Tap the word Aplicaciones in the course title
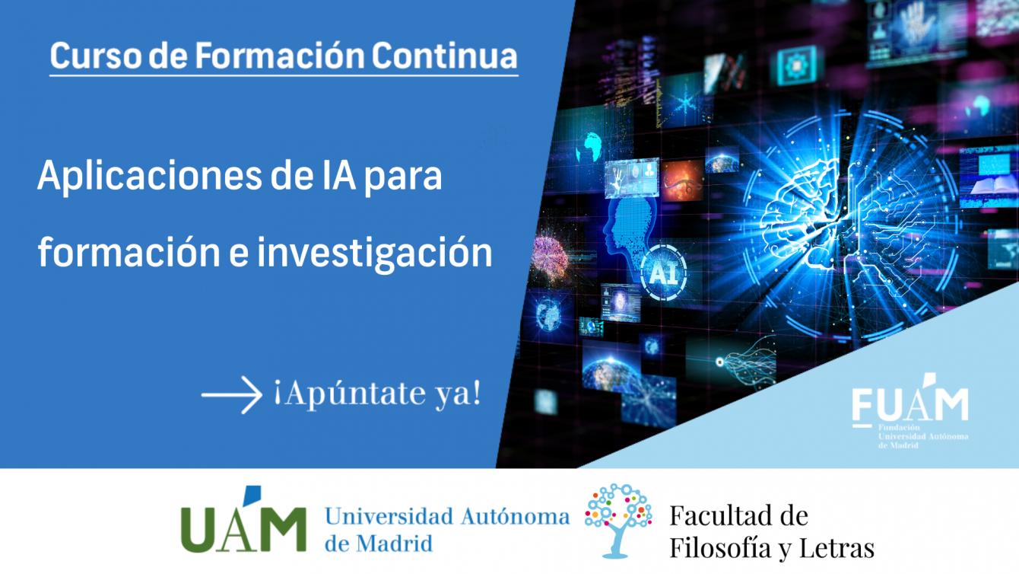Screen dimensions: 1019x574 [150, 177]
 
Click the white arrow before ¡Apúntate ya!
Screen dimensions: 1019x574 [232, 395]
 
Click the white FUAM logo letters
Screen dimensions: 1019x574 [909, 401]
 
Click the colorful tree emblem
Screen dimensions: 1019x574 [618, 521]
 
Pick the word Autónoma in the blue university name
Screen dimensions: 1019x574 [516, 517]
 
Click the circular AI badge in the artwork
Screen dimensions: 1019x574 [664, 273]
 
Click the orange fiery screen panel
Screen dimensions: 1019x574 [682, 180]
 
